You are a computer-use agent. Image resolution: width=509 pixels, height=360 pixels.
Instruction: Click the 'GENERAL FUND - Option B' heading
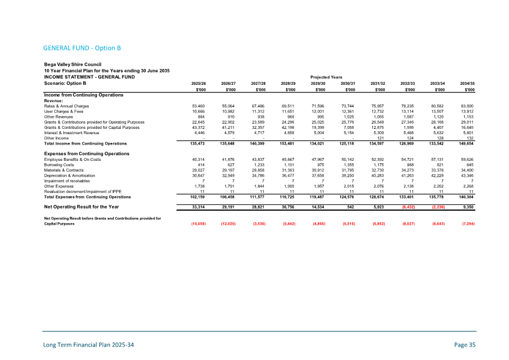[81, 48]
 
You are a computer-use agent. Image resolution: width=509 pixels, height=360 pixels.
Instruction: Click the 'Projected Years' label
[327, 76]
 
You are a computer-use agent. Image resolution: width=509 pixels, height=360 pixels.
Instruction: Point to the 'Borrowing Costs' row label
[61, 164]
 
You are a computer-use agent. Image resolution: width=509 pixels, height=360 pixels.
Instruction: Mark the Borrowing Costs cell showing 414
[201, 164]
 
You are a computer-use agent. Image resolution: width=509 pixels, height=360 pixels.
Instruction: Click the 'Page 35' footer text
[465, 345]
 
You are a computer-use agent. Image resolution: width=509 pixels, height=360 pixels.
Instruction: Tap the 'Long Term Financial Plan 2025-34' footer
[89, 345]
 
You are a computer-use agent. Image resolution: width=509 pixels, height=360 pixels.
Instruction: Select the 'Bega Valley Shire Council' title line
[73, 64]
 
